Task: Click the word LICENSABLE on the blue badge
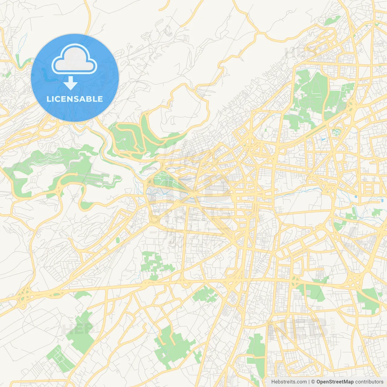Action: (x=75, y=99)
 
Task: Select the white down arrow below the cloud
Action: (x=71, y=83)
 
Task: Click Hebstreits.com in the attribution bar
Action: (x=289, y=382)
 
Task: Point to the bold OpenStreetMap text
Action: (x=335, y=382)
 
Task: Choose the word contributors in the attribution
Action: (x=369, y=382)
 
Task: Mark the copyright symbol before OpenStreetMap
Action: (x=313, y=382)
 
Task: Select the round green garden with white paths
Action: (x=336, y=132)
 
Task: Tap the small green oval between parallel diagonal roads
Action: (x=118, y=240)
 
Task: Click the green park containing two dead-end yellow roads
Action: (x=172, y=345)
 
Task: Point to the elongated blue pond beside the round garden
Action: (x=323, y=140)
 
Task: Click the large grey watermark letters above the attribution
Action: (x=298, y=328)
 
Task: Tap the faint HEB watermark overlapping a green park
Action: (x=74, y=329)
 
